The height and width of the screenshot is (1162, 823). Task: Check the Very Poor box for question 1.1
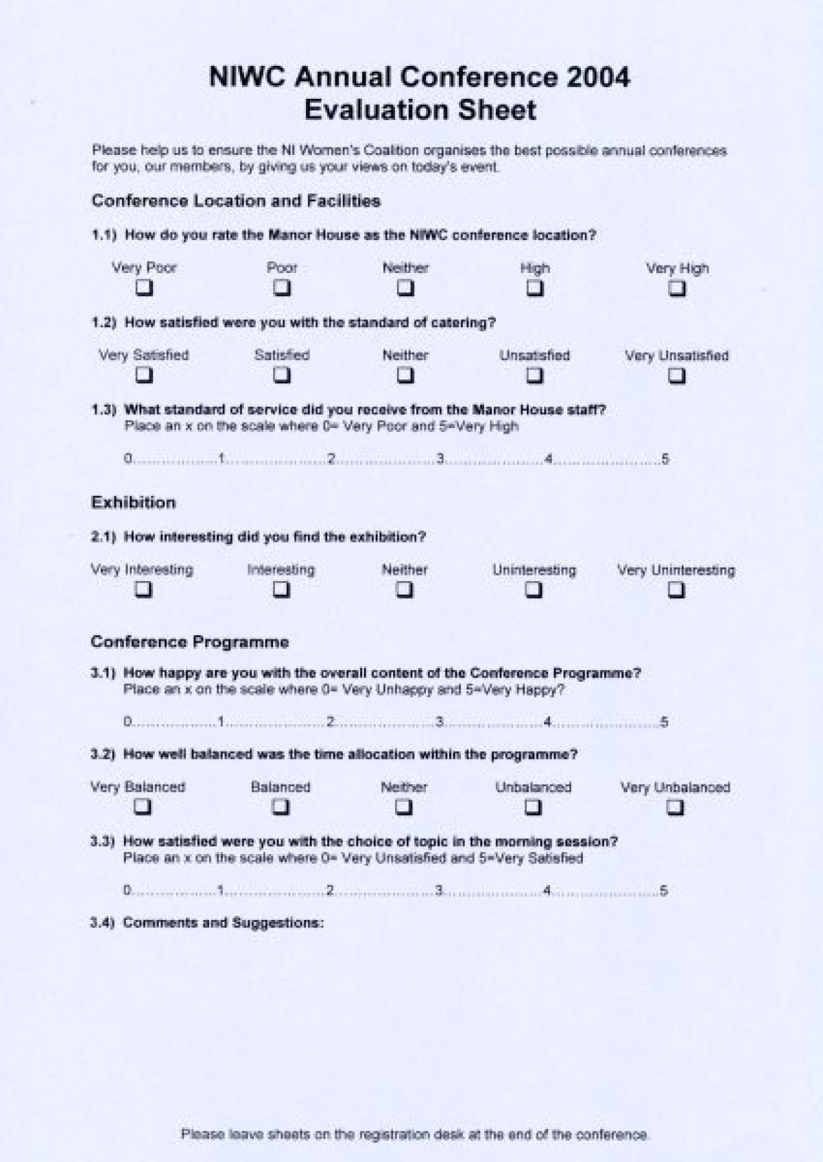(144, 288)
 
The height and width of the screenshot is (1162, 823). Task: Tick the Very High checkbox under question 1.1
(677, 289)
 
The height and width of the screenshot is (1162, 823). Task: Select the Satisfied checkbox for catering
(282, 375)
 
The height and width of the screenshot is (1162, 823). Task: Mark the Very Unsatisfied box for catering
(677, 376)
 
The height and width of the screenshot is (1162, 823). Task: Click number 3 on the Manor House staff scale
(440, 459)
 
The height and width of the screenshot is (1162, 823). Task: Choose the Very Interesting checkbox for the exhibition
(143, 589)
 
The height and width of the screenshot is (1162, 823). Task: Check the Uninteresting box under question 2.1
(534, 590)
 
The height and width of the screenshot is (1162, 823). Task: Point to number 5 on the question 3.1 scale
(663, 722)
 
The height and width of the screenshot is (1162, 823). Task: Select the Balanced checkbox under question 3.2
(281, 807)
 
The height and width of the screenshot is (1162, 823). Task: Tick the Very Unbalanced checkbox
(676, 808)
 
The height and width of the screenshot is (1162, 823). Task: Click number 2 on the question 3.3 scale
(330, 890)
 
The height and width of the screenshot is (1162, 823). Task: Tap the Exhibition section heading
(133, 502)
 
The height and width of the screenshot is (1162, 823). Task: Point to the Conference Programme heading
(189, 642)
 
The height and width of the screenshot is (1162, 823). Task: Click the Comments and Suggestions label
(223, 923)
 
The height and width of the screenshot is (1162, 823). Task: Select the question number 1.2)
(104, 322)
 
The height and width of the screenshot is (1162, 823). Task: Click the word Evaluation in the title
(376, 110)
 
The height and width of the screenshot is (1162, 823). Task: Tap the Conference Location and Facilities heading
(236, 201)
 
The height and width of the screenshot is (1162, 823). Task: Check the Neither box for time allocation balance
(404, 807)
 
